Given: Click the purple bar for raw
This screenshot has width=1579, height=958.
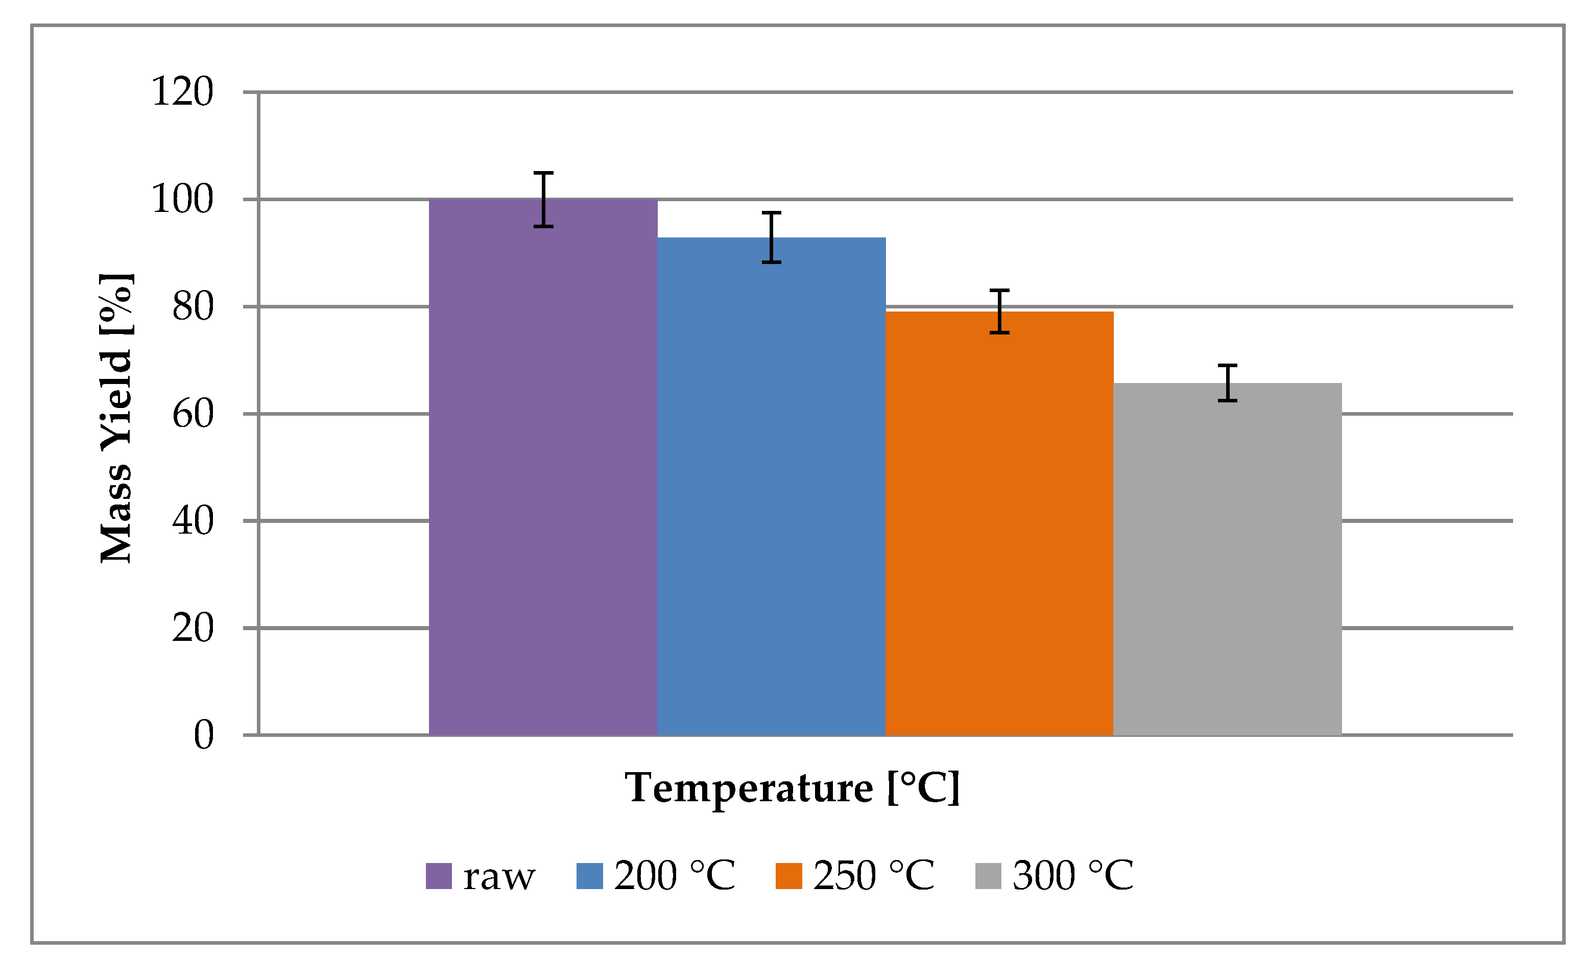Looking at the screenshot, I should coord(543,468).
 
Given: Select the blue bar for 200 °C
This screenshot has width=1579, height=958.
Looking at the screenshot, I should coord(771,487).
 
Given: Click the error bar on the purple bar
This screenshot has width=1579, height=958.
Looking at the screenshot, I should coord(543,199).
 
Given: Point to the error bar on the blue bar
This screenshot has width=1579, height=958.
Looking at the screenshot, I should coord(772,237).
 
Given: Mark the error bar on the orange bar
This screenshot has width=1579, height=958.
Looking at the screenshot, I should coord(999,312).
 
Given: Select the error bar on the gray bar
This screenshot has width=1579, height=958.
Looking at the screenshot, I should coord(1227,383).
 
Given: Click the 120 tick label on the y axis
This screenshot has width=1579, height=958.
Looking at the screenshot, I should coord(182,91).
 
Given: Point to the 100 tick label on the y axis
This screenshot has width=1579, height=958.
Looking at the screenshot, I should coord(182,199).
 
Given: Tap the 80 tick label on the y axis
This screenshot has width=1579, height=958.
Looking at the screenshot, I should coord(192,307).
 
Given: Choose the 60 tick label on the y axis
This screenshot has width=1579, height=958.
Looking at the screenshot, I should coord(192,414).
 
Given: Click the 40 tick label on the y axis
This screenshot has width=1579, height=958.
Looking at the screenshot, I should coord(192,521).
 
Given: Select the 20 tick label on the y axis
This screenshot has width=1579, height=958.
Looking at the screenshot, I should coord(192,628).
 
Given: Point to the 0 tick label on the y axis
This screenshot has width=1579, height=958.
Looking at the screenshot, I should coord(203,735).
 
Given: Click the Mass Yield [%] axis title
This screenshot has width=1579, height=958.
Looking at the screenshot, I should coord(116,418).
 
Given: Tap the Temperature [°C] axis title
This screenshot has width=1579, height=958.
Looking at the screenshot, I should coord(792,787).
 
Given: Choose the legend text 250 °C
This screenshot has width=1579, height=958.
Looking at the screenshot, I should coord(873,875).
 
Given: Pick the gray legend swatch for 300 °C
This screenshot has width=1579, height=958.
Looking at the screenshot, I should coord(988,876).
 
